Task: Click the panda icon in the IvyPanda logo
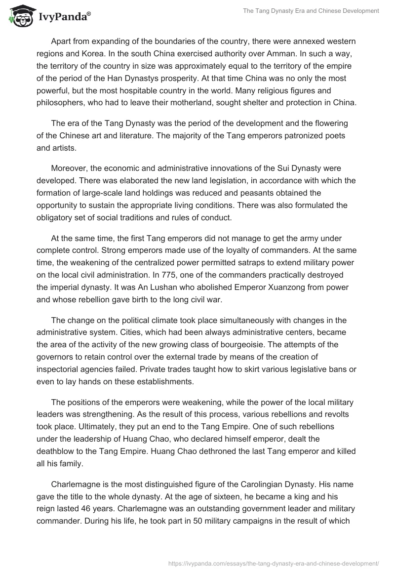20,18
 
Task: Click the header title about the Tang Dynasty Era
311,11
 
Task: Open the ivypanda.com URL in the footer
273,563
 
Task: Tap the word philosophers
61,103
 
